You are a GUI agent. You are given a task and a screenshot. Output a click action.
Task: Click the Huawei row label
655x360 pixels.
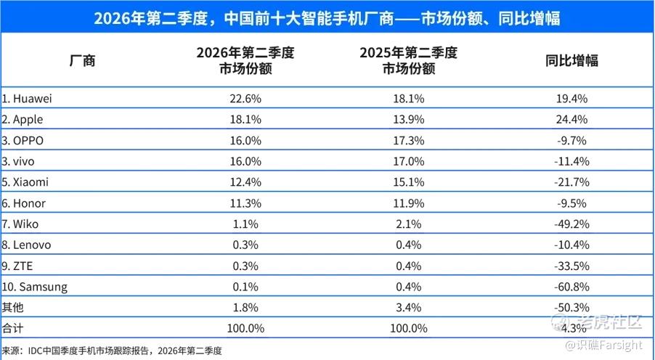(x=27, y=99)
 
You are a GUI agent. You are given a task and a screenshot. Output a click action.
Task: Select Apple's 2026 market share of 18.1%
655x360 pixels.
(x=245, y=120)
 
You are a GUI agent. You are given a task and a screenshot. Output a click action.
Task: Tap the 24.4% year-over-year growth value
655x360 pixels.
(x=571, y=120)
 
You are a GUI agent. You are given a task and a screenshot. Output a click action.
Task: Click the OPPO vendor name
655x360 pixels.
(x=23, y=140)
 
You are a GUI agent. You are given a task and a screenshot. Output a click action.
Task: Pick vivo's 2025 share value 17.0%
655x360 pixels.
(x=409, y=161)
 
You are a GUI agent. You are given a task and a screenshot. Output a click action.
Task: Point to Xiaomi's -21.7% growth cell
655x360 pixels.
(x=571, y=182)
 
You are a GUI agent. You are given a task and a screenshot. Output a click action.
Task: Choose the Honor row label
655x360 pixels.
(x=23, y=203)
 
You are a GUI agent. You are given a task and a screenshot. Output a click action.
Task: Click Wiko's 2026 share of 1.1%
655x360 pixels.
(x=245, y=224)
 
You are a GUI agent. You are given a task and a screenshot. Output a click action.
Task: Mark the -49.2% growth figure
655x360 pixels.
(x=571, y=224)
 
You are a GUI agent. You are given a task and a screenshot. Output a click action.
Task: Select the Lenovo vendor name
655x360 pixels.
(x=26, y=245)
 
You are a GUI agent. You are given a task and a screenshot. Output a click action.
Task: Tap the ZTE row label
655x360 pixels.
(x=17, y=266)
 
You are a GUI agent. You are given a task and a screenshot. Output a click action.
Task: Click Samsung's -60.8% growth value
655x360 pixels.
(x=571, y=287)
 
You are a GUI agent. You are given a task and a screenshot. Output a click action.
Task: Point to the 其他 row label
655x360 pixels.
(x=12, y=307)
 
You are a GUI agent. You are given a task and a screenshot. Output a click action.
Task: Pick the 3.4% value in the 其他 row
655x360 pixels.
(x=409, y=308)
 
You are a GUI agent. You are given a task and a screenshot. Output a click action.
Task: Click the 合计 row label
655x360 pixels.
(x=12, y=328)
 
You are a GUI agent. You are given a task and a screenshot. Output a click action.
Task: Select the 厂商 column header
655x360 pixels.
(x=82, y=60)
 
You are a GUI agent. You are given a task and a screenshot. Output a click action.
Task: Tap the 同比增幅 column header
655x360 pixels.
(x=571, y=60)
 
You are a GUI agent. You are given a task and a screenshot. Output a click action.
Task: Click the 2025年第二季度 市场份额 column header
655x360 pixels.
(x=409, y=60)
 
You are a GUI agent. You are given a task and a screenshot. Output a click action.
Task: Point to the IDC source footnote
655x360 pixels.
(x=112, y=351)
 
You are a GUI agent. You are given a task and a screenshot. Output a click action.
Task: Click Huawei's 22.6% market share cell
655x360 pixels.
(x=245, y=99)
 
